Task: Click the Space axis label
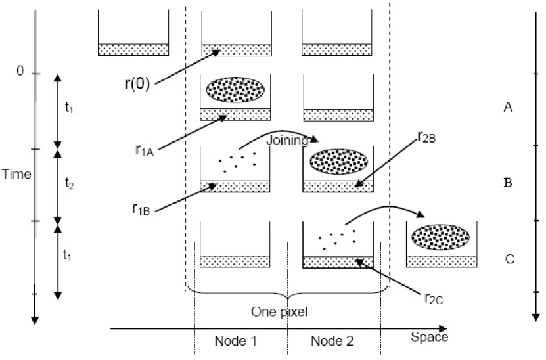pyautogui.click(x=429, y=336)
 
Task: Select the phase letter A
pyautogui.click(x=507, y=108)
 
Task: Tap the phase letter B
pyautogui.click(x=507, y=182)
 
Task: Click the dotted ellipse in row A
pyautogui.click(x=236, y=90)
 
